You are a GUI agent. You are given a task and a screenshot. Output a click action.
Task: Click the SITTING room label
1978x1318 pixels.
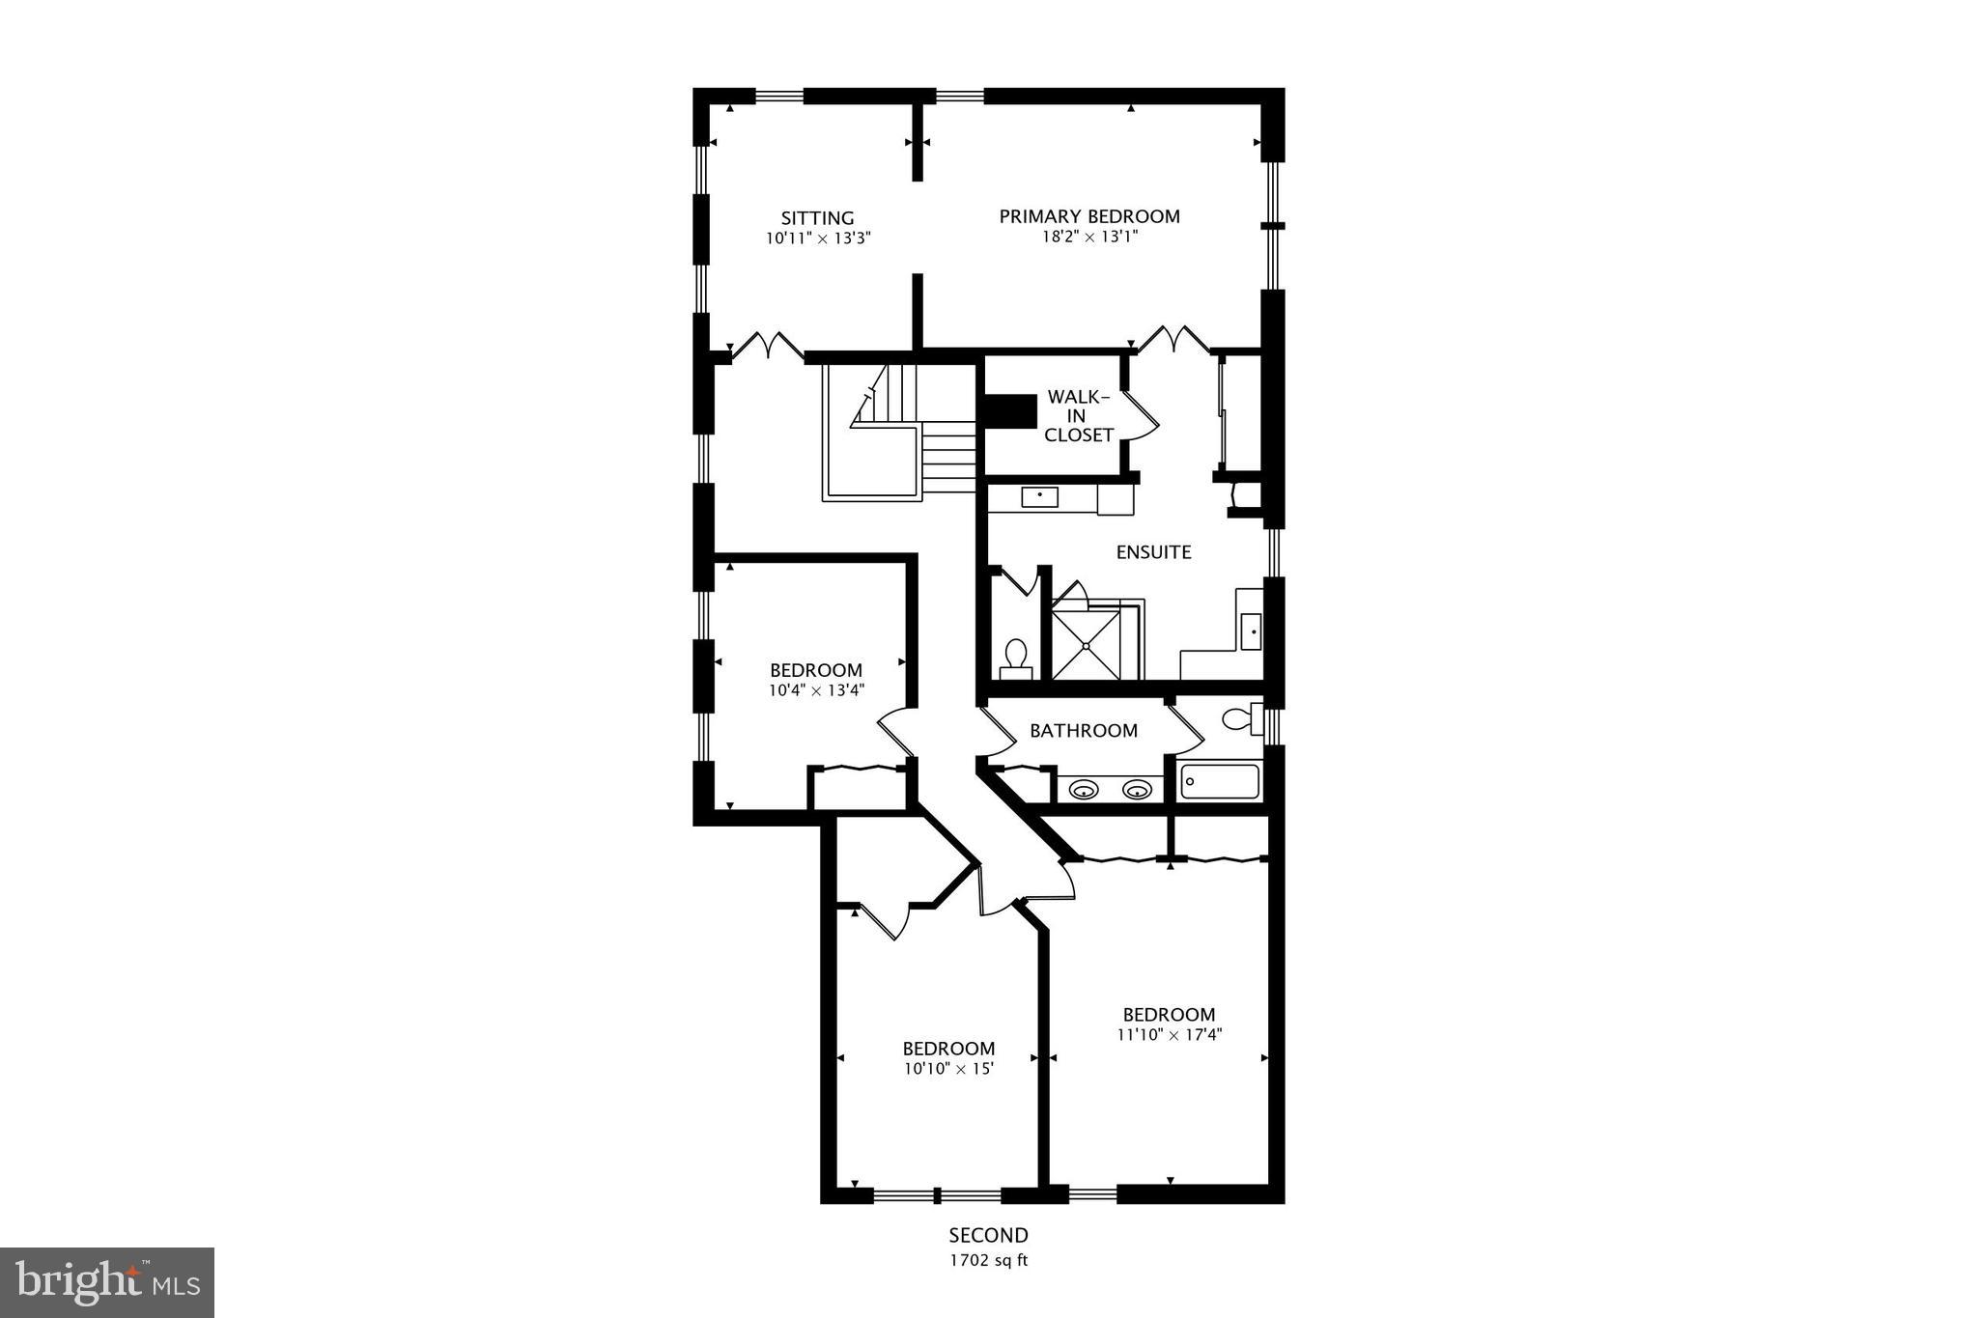[817, 218]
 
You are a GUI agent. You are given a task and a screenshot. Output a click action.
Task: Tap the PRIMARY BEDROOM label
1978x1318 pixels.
[1088, 216]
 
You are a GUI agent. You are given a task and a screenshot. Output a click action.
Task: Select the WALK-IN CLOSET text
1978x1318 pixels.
[1079, 416]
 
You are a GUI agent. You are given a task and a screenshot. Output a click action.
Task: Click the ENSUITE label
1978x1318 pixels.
[1153, 552]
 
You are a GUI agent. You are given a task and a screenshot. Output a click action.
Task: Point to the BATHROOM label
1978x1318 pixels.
[1083, 731]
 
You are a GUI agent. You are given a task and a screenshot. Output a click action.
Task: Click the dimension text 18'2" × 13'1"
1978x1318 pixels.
[1088, 237]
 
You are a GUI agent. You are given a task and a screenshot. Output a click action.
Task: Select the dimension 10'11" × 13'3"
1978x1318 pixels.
[818, 238]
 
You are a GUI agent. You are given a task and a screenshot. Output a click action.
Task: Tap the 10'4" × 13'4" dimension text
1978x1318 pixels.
[816, 690]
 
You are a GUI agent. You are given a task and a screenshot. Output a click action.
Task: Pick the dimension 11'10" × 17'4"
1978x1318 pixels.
[1169, 1035]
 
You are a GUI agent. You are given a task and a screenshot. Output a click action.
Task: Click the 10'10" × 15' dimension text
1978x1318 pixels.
[948, 1069]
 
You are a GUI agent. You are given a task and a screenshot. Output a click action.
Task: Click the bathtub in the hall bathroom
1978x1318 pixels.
[1220, 781]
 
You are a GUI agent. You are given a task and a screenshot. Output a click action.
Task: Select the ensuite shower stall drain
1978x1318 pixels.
[1087, 645]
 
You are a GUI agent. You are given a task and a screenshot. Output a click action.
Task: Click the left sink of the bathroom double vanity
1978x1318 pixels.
[1086, 791]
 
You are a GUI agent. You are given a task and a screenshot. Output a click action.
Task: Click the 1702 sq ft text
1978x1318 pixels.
[988, 1260]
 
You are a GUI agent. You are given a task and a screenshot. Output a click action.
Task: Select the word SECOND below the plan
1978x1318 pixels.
[988, 1235]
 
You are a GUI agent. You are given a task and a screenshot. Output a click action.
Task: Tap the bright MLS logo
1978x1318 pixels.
[107, 1282]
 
